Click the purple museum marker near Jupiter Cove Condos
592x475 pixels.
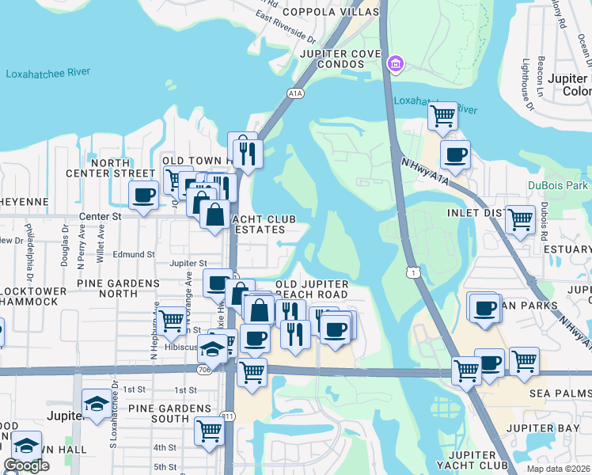coord(394,63)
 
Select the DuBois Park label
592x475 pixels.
coord(558,186)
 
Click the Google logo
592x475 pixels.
coord(26,465)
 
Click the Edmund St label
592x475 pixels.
coord(134,254)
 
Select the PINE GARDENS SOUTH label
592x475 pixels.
coord(159,412)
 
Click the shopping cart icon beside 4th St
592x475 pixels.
coord(208,431)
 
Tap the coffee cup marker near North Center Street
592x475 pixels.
coord(144,196)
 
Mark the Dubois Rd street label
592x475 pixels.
coord(545,222)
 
